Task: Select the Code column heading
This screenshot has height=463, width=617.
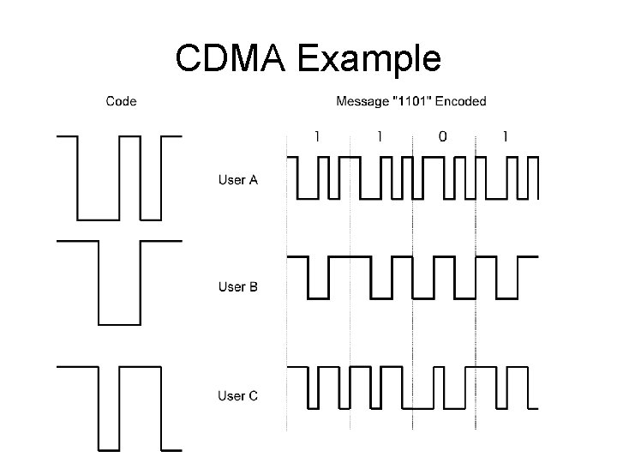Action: click(121, 101)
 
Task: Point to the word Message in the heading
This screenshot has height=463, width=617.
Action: click(362, 101)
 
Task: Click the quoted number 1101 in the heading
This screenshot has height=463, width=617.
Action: click(406, 101)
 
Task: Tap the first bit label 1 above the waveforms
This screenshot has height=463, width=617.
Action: click(317, 135)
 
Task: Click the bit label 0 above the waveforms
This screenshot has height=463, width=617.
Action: click(443, 135)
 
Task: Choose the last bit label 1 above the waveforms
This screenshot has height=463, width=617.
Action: click(506, 135)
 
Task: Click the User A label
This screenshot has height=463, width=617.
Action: click(237, 180)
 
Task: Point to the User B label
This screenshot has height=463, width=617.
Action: click(237, 287)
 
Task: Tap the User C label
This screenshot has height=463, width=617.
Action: click(237, 395)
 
